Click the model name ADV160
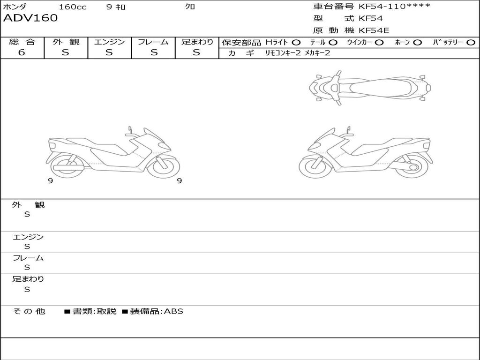click(30, 18)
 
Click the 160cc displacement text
click(73, 7)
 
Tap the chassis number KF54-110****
click(394, 7)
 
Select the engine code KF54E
click(374, 30)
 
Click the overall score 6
click(22, 52)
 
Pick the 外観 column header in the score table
click(66, 42)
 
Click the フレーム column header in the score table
click(153, 42)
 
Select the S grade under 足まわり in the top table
click(196, 52)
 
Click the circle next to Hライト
click(296, 43)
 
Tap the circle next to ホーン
click(417, 43)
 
